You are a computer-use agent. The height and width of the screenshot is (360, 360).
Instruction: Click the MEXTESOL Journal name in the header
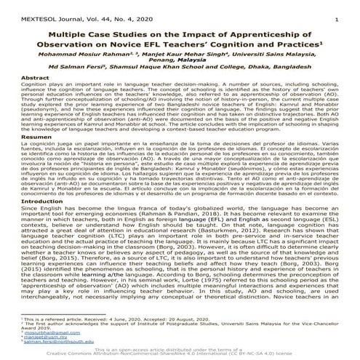[36, 9]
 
